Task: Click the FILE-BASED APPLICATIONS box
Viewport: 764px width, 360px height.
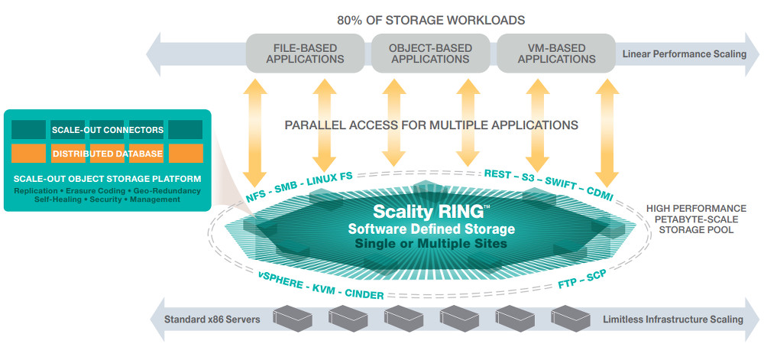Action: pos(303,53)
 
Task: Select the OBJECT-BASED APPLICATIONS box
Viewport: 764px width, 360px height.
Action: pos(429,53)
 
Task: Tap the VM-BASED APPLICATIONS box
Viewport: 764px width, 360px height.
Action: pos(555,53)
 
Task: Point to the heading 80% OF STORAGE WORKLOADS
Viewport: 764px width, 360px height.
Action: pos(431,19)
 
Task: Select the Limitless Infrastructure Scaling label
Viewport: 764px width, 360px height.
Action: pos(672,319)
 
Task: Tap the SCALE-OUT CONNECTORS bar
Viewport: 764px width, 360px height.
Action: pos(107,130)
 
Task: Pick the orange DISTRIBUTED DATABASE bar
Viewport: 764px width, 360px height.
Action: pos(107,154)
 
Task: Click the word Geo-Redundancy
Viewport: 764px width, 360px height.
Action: pos(171,190)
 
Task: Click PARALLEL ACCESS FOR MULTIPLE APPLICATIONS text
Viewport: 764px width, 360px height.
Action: pos(431,125)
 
